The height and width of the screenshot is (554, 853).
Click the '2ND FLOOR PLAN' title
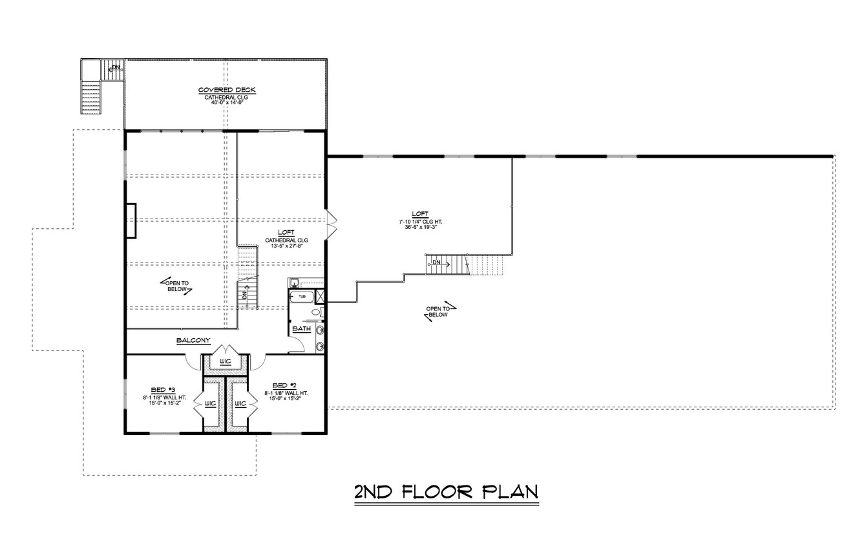coord(446,492)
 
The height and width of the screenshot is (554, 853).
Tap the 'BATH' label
coord(301,328)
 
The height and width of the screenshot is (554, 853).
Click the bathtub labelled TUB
coord(302,297)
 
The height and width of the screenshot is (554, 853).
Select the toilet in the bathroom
coord(316,312)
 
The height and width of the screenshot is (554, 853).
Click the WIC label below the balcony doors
coord(225,361)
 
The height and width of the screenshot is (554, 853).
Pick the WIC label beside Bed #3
coord(210,403)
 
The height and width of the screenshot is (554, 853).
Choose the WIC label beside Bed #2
coord(240,403)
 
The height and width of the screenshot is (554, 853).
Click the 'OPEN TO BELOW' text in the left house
coord(176,286)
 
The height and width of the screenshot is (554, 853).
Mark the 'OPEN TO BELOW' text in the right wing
coord(438,312)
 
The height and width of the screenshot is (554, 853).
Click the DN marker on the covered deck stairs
coord(115,67)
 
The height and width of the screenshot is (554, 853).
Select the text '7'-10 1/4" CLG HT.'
coord(420,221)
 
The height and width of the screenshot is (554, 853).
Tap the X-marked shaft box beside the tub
coord(320,297)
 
